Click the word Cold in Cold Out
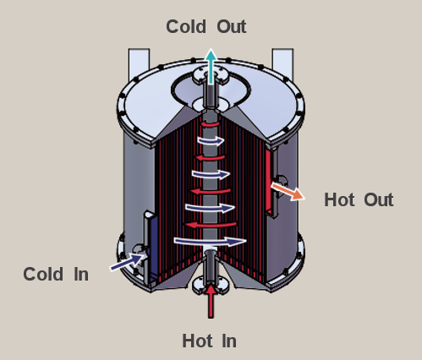[x=186, y=27]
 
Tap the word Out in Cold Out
[x=232, y=27]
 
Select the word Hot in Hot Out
[x=339, y=199]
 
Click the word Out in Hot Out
[x=379, y=199]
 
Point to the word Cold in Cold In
[x=43, y=274]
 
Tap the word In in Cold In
[x=81, y=274]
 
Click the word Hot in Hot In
[x=197, y=341]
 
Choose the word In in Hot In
[x=229, y=341]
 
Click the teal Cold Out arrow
[x=211, y=66]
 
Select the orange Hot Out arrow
[x=288, y=191]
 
